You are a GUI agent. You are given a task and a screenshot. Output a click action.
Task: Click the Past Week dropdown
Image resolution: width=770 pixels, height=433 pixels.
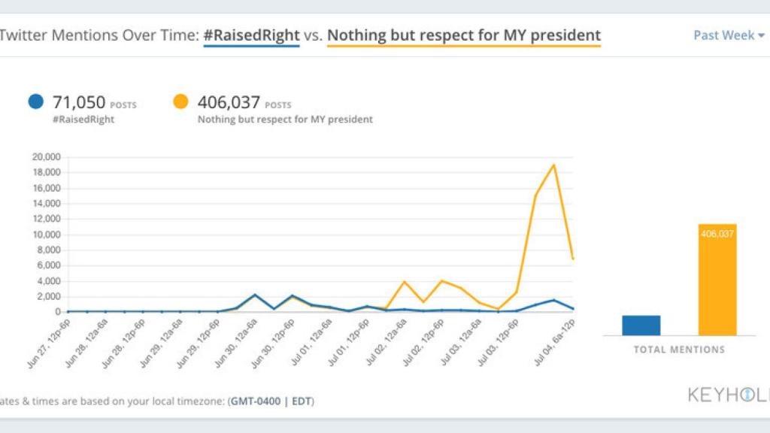coord(728,35)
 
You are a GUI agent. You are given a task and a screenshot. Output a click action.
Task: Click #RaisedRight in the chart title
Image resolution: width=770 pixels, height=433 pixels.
coord(251,35)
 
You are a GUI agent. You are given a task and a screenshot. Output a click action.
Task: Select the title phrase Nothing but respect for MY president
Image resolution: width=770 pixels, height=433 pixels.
coord(464,35)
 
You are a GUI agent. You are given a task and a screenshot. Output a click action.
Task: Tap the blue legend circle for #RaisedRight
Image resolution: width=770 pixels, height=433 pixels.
coord(35,102)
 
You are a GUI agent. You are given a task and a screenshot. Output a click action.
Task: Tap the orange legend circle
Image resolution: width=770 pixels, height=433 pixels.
coord(180,102)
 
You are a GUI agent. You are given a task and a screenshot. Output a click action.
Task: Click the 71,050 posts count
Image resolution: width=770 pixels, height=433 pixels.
coord(79,102)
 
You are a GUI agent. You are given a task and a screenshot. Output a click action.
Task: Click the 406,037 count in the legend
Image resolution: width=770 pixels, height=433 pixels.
coord(229,102)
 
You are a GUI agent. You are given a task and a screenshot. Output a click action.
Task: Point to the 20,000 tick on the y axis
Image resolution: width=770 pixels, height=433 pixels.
coord(45,157)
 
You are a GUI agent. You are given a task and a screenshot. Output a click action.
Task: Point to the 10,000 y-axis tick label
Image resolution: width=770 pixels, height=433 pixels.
coord(45,235)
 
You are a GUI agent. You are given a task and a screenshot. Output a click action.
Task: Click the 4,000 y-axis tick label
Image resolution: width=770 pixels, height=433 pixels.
coord(48,281)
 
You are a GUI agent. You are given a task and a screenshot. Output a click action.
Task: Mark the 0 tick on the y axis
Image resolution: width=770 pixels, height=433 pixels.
coord(56,312)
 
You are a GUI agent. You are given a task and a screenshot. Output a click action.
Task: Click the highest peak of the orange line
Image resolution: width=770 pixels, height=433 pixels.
coord(554,165)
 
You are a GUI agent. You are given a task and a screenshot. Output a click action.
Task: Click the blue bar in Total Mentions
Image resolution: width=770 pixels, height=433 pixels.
coord(641,325)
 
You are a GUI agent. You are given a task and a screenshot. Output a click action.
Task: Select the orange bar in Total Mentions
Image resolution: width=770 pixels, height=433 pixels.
coord(717,280)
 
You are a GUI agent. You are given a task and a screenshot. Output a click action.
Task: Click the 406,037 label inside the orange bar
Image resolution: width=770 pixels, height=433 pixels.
coord(717,234)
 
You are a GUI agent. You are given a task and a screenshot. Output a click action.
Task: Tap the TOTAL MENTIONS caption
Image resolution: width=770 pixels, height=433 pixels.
coord(679,350)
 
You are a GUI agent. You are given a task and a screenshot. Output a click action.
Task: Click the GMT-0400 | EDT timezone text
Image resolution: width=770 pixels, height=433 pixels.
coord(271,401)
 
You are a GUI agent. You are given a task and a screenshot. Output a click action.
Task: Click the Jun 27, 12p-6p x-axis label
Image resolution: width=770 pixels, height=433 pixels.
coord(48,343)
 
